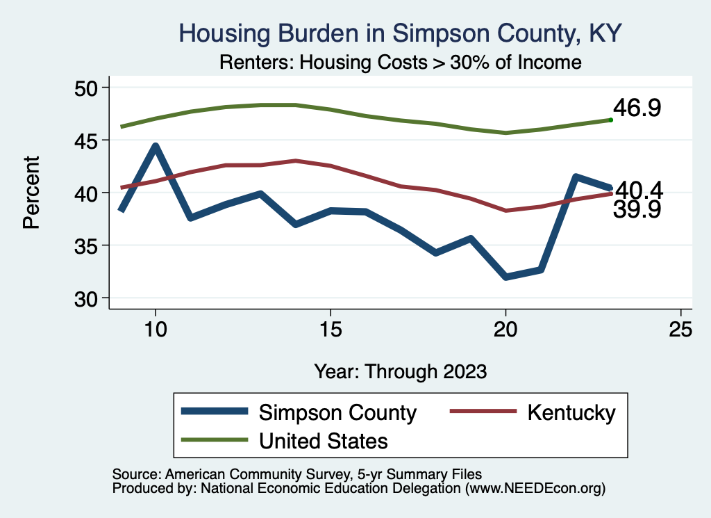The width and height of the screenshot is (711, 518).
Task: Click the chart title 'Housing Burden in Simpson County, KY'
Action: tap(399, 33)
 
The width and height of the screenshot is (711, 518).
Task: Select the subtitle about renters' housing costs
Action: tap(399, 63)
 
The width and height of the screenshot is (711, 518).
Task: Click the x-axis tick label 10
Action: tap(156, 330)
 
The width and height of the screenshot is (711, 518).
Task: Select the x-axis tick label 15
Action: tap(331, 330)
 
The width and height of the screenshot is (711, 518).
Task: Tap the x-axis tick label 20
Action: tap(505, 330)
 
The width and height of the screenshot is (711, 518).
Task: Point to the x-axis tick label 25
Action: tap(680, 330)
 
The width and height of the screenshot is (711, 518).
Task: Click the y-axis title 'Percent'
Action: tap(31, 193)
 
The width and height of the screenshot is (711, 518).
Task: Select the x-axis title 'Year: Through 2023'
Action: tap(400, 371)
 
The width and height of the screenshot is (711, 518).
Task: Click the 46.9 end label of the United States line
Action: tap(637, 108)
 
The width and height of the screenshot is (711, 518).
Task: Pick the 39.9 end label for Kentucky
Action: tap(637, 210)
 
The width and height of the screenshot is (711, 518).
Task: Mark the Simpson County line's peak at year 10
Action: tap(156, 147)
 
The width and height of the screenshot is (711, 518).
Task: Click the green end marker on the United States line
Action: tap(610, 120)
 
